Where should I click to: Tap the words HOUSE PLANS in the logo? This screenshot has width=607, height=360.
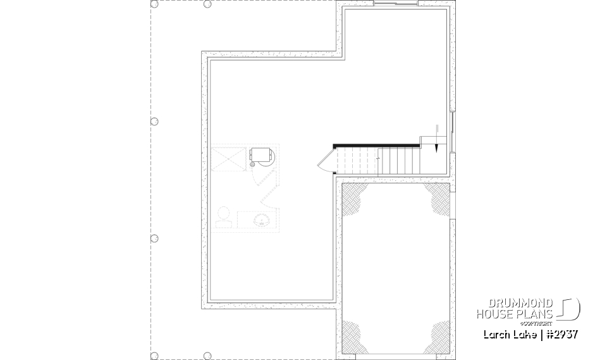(515, 314)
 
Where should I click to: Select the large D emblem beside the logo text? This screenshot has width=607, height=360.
(570, 309)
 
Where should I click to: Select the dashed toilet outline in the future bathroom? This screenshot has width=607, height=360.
(223, 217)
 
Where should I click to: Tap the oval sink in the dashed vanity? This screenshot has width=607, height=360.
(261, 220)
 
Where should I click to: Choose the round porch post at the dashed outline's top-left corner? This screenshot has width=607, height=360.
(154, 4)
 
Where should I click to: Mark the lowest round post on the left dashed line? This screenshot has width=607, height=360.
(154, 238)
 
